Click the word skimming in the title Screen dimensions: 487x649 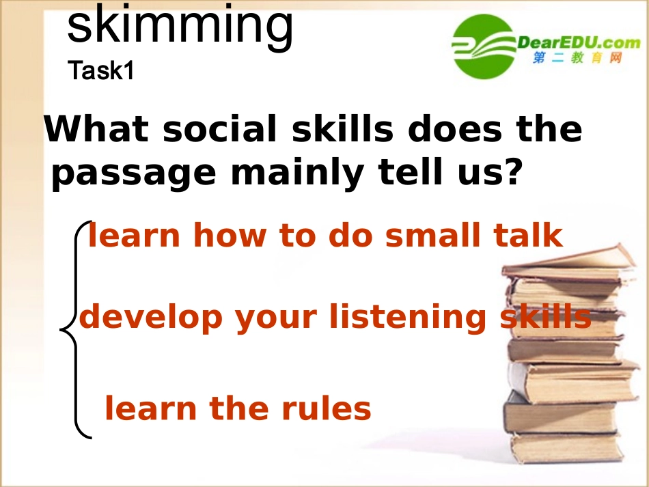180,26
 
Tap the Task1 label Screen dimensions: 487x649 100,71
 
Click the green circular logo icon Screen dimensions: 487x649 483,46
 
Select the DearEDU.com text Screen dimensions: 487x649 578,42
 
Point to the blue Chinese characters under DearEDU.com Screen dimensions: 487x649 578,59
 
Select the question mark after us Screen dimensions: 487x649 512,173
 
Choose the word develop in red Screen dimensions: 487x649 151,318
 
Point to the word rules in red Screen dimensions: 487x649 329,409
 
